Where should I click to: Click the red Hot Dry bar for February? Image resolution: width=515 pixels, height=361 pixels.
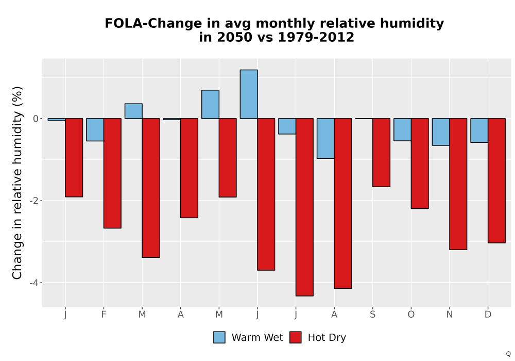click(x=112, y=173)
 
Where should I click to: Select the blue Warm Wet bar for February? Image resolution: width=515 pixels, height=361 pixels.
click(x=95, y=129)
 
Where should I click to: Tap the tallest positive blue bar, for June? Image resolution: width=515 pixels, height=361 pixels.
click(x=249, y=94)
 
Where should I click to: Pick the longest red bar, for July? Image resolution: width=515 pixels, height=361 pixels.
click(x=304, y=207)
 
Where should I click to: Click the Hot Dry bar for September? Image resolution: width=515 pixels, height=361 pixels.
click(x=381, y=153)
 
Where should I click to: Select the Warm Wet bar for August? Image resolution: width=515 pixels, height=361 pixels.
click(x=325, y=138)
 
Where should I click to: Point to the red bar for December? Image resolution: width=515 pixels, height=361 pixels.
click(x=496, y=180)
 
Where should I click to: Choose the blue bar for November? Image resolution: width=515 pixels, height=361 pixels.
click(x=441, y=132)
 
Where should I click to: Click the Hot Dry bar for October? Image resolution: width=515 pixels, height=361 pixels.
click(x=420, y=163)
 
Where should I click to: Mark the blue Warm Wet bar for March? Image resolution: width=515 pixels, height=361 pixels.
click(x=133, y=111)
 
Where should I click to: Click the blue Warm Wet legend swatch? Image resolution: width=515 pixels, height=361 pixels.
click(x=219, y=337)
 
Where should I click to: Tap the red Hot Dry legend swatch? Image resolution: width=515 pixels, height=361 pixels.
click(x=295, y=337)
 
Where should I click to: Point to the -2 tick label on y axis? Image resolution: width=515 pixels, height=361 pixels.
click(x=34, y=201)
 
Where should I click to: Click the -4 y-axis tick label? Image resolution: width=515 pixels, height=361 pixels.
click(x=34, y=283)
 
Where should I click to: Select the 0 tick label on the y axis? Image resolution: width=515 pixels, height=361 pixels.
click(x=36, y=119)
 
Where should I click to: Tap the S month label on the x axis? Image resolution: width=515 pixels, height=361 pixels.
click(x=372, y=315)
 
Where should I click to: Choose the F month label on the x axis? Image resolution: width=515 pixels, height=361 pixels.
click(x=104, y=315)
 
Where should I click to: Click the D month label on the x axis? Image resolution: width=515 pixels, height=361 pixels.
click(x=488, y=315)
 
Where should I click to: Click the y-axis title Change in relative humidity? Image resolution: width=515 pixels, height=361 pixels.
click(x=17, y=183)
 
